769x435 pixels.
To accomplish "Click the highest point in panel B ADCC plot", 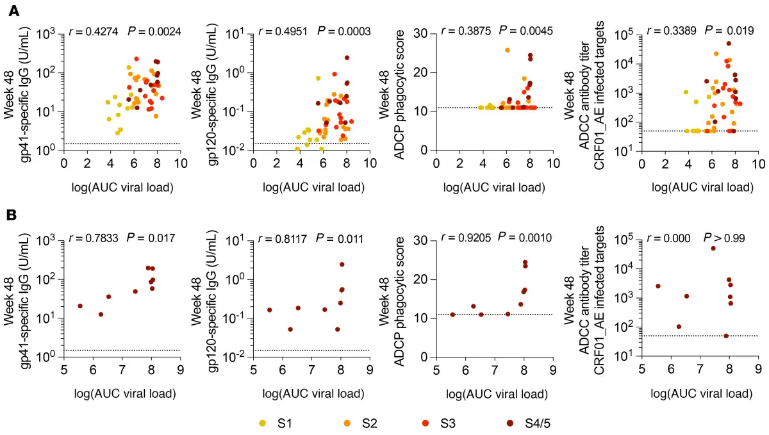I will click(713, 249).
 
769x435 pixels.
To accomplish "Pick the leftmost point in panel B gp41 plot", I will click(80, 306).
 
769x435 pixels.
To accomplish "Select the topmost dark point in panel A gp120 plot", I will click(347, 58).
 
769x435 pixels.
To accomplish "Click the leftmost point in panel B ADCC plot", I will click(657, 286).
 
